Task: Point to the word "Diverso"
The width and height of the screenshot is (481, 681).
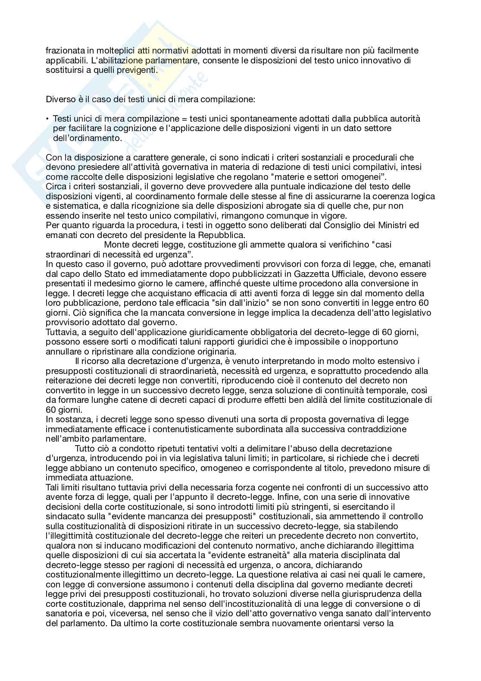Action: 59,100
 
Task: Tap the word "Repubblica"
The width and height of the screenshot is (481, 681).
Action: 222,235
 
